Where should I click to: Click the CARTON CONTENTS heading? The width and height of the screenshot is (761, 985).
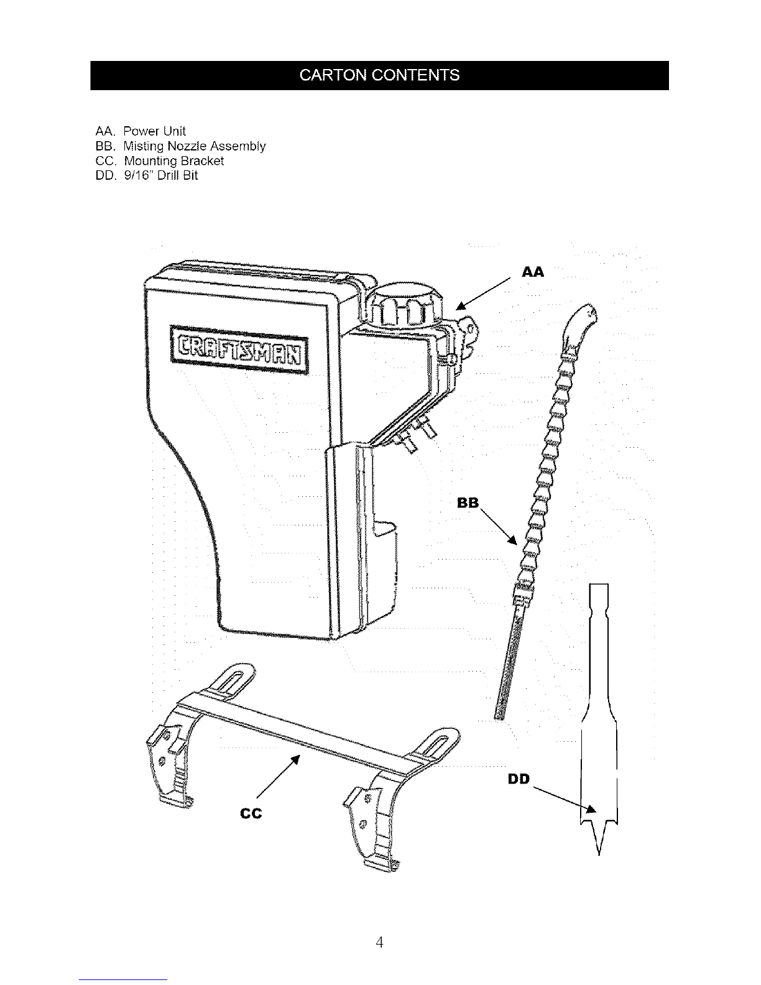point(379,75)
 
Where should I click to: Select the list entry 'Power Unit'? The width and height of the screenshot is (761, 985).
point(155,131)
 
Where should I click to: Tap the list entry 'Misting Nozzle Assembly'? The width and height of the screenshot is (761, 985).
point(195,146)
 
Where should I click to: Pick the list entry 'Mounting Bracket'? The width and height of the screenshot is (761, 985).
point(174,161)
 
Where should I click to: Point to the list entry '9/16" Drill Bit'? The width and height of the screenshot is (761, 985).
point(160,175)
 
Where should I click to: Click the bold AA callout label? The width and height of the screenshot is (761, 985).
point(533,272)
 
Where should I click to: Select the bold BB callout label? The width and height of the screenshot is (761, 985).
point(468,502)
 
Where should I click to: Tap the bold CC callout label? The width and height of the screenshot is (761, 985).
point(251,813)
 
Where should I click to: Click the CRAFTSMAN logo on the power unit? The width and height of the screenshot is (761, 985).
point(239,350)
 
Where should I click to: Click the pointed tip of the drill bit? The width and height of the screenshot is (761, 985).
point(599,854)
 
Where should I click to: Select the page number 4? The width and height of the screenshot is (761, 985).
point(379,943)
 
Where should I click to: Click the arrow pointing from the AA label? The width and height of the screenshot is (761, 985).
point(483,294)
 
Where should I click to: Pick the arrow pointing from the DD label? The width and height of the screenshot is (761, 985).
point(565,800)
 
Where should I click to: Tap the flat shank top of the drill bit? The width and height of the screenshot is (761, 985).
point(599,585)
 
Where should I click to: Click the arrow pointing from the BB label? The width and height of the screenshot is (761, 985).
point(499,527)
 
